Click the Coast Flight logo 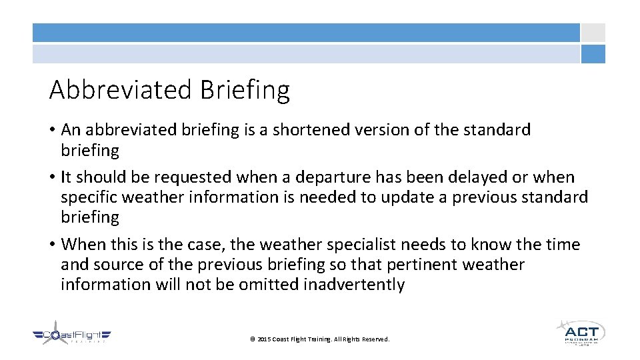(x=72, y=337)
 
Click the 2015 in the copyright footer (x=264, y=339)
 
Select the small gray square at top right (x=593, y=33)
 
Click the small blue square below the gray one (x=593, y=54)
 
